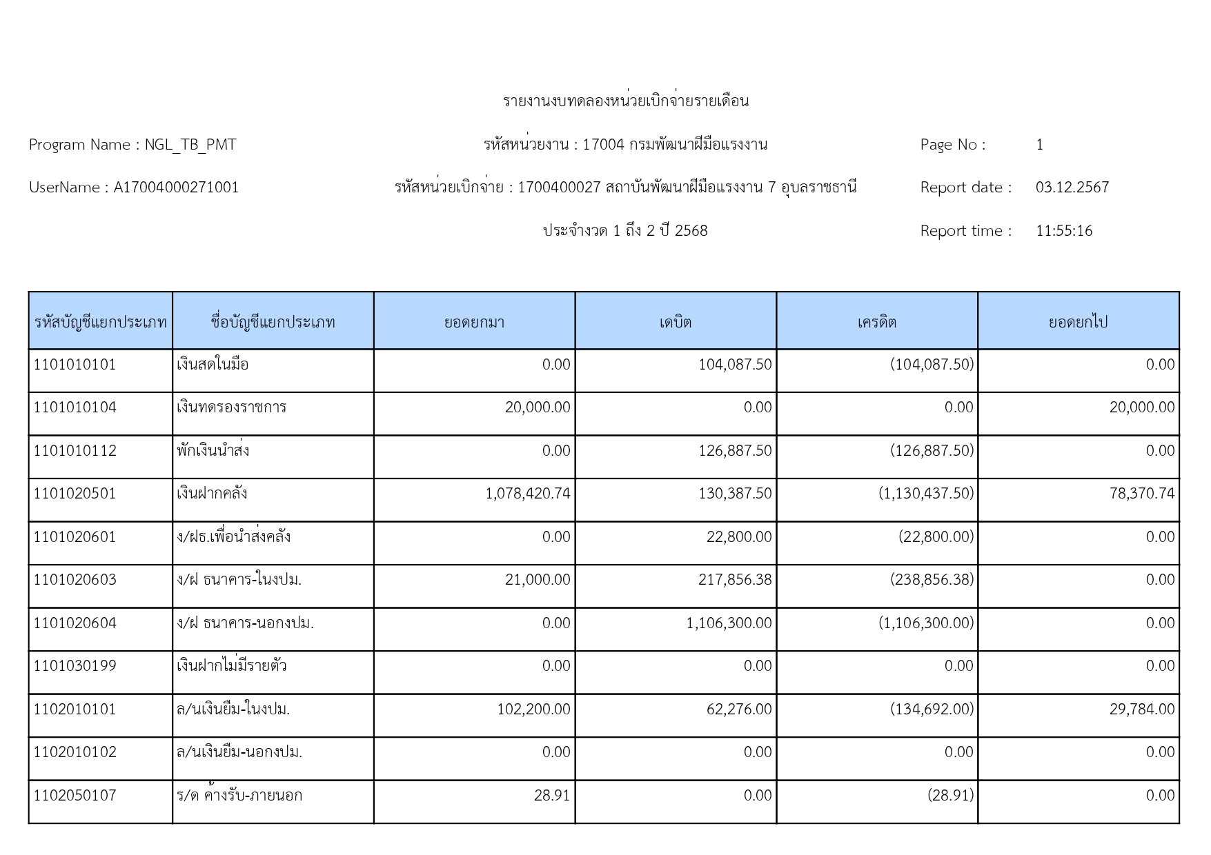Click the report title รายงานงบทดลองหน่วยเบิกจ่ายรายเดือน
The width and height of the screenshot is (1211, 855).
tap(625, 101)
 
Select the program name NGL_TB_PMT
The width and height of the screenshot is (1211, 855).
tap(190, 145)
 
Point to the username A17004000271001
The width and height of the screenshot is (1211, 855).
tap(176, 188)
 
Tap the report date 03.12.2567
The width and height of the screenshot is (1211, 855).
tap(1072, 188)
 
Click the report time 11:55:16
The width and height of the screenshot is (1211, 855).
tap(1063, 231)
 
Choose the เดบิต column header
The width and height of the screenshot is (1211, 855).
tap(675, 322)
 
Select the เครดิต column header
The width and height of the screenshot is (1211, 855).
tap(876, 322)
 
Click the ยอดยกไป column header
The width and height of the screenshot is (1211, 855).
tap(1078, 322)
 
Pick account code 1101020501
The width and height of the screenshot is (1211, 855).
tap(75, 494)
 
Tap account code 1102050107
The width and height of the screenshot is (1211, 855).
tap(75, 796)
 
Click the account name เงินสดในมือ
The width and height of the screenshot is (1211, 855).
tap(213, 365)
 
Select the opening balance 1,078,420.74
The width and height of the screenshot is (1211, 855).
tap(528, 494)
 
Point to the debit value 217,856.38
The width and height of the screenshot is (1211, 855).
tap(735, 580)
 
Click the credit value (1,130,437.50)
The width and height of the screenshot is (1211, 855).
tap(926, 494)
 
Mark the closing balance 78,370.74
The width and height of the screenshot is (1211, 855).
tap(1141, 494)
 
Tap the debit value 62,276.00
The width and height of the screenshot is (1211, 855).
tap(738, 710)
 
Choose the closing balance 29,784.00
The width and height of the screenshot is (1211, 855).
tap(1141, 710)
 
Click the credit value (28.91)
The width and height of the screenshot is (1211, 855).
tap(950, 796)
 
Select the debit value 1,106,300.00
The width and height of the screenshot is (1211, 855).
tap(729, 623)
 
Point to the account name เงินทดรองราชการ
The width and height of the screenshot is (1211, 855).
tap(231, 408)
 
